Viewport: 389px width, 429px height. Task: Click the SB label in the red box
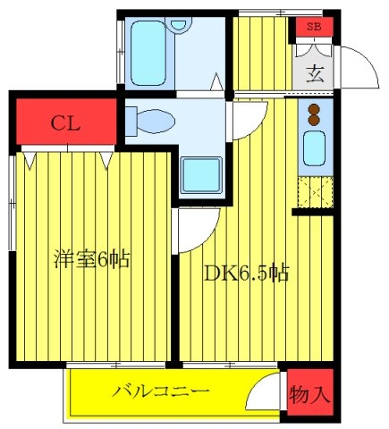point(314,27)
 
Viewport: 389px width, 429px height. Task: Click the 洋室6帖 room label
point(92,259)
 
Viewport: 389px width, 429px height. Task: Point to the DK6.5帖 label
point(247,273)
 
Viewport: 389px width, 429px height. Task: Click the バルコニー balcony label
point(161,391)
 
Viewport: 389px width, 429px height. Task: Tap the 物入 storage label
point(310,395)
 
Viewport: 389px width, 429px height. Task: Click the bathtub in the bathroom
point(148,53)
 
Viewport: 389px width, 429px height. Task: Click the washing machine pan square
point(201,175)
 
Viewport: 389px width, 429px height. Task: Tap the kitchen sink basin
point(314,148)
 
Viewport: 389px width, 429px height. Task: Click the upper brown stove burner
point(314,109)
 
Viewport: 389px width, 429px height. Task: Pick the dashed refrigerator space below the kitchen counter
point(316,192)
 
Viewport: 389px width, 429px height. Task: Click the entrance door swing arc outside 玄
point(368,59)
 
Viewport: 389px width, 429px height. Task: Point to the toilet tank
point(131,122)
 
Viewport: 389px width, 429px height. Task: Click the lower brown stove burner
point(314,120)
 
